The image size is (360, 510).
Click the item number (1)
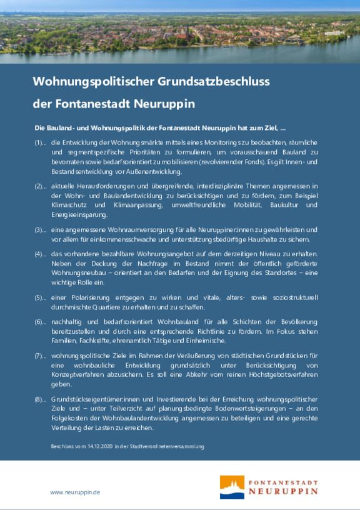39,143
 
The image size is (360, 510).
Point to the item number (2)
39,186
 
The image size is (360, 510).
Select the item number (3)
39,229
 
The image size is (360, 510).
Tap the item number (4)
39,254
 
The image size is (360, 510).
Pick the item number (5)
39,297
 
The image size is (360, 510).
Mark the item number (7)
39,356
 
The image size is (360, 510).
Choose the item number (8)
39,399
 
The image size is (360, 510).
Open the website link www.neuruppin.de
75,492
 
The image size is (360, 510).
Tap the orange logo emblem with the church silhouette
232,486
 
